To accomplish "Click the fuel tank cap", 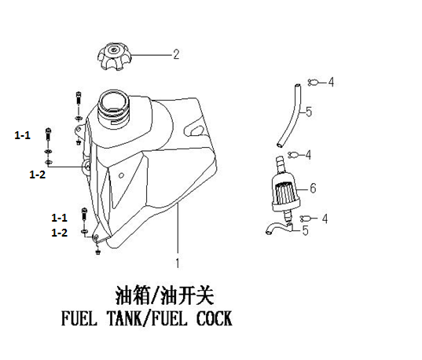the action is click(x=115, y=57).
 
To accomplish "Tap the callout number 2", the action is click(x=176, y=54).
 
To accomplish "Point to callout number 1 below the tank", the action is click(x=178, y=263).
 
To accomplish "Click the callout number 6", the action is click(x=313, y=188).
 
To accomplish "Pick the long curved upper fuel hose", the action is click(x=291, y=116).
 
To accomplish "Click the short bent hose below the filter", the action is click(x=279, y=228).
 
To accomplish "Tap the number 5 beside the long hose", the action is click(x=309, y=112).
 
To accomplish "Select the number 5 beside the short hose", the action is click(x=305, y=230).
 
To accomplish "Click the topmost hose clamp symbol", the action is click(x=313, y=83).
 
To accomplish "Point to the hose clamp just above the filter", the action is click(x=293, y=155).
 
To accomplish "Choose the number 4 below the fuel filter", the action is click(x=325, y=219).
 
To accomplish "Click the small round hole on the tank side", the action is click(x=121, y=176).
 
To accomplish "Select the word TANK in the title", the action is click(x=125, y=318).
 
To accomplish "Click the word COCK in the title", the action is click(x=215, y=318).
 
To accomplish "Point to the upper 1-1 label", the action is click(x=22, y=135).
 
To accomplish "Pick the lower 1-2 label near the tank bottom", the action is click(x=59, y=233).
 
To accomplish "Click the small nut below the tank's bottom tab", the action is click(x=97, y=252).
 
